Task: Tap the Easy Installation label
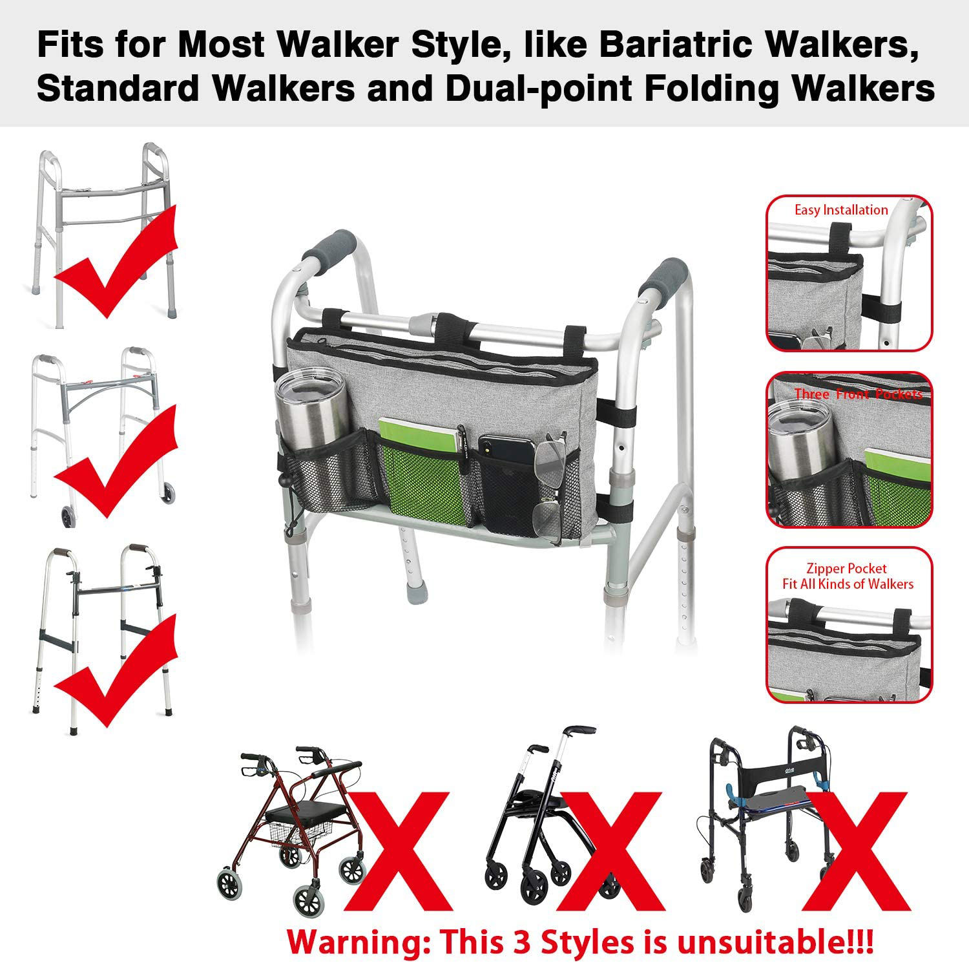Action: [841, 210]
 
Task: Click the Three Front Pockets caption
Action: [858, 394]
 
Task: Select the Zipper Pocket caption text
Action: [846, 569]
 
